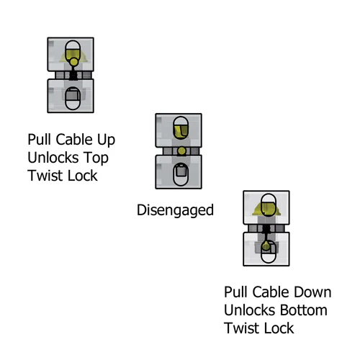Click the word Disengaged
point(175,210)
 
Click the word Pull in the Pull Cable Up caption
point(40,138)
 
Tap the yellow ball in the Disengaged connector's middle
point(181,150)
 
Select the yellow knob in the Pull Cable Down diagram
point(266,246)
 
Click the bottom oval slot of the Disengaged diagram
point(181,173)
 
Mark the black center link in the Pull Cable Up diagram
point(73,75)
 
